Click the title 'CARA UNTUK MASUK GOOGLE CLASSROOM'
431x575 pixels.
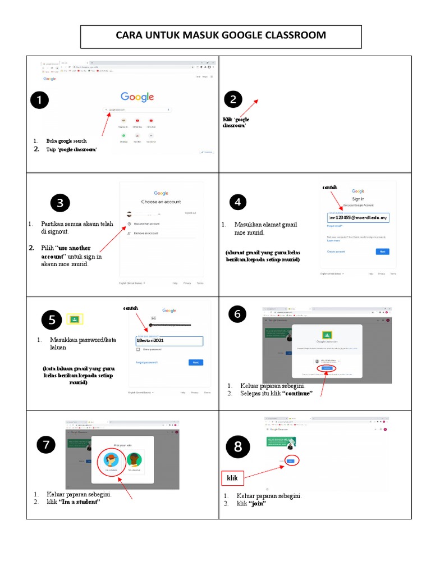point(221,35)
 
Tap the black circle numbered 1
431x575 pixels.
point(39,101)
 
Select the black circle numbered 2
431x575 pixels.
point(233,100)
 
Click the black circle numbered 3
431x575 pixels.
point(59,203)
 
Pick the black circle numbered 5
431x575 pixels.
point(52,320)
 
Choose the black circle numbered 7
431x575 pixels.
point(47,445)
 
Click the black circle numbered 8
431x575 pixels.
point(238,447)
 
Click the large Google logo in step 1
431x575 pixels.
point(137,97)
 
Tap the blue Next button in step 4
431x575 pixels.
point(382,252)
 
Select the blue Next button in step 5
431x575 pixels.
point(195,363)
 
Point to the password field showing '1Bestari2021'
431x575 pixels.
point(169,341)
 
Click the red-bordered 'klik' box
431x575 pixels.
point(232,478)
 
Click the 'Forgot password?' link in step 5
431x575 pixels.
point(146,363)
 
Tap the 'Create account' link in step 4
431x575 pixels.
point(336,252)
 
